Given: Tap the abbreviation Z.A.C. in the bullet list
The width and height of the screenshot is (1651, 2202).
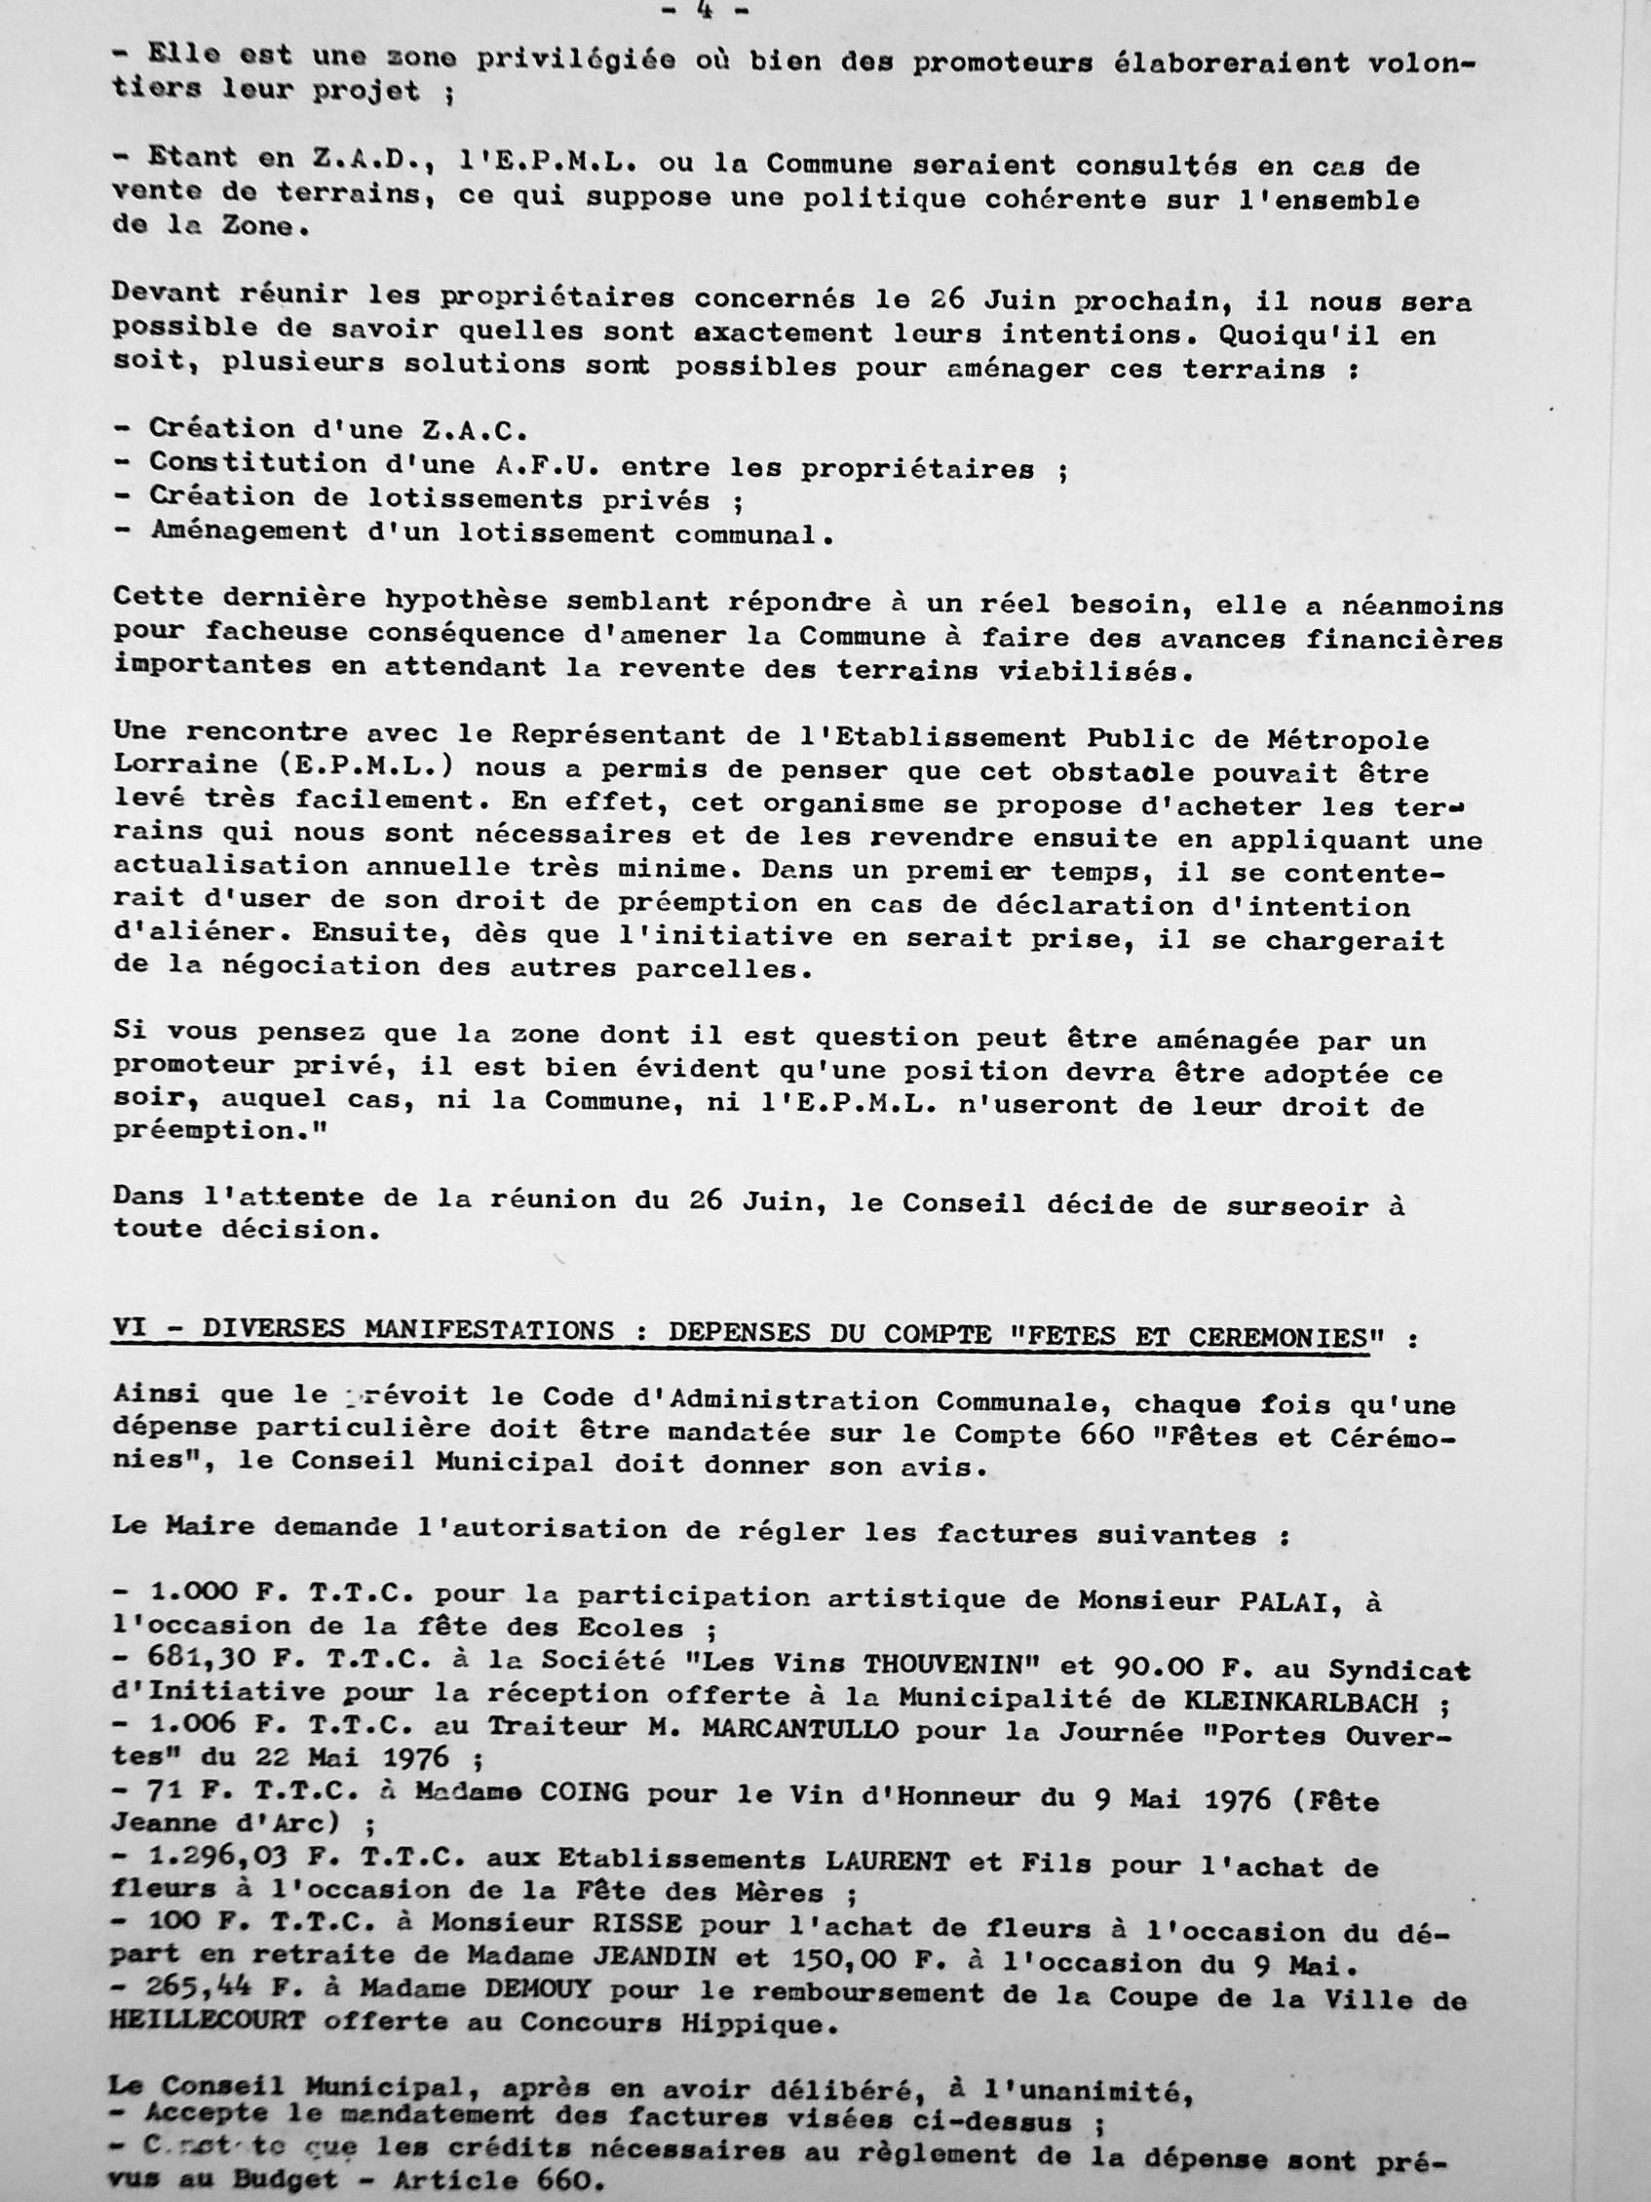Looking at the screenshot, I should click(x=465, y=430).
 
